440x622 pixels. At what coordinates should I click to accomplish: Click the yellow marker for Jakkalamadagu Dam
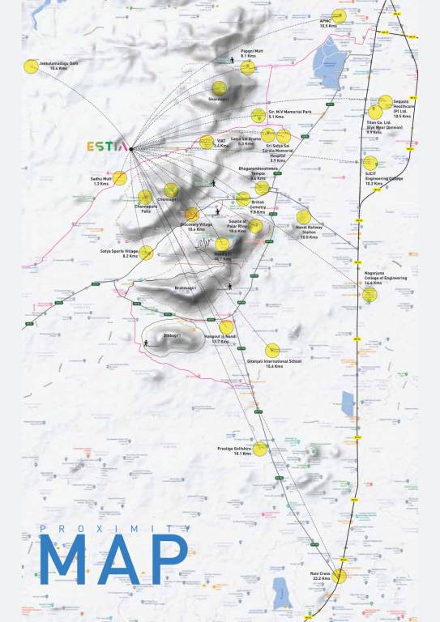[32, 66]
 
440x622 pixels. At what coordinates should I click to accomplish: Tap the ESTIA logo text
[107, 147]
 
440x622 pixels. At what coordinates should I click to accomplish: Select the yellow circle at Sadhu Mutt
[120, 178]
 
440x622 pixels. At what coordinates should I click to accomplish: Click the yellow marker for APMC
[339, 15]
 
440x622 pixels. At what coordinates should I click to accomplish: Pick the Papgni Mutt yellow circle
[246, 67]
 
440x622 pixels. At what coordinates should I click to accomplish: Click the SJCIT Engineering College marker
[370, 163]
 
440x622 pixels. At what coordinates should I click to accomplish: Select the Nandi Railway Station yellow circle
[303, 216]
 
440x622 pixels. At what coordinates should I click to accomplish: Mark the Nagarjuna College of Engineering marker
[370, 295]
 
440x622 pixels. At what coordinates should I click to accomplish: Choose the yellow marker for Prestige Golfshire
[259, 449]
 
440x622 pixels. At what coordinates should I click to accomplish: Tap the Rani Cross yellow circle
[339, 576]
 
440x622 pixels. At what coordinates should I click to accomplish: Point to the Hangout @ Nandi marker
[227, 327]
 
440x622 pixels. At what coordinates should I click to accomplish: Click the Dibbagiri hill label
[172, 334]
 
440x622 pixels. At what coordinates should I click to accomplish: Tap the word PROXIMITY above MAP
[113, 529]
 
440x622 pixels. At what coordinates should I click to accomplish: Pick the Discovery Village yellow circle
[192, 214]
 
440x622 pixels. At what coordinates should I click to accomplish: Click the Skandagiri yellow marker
[220, 87]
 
